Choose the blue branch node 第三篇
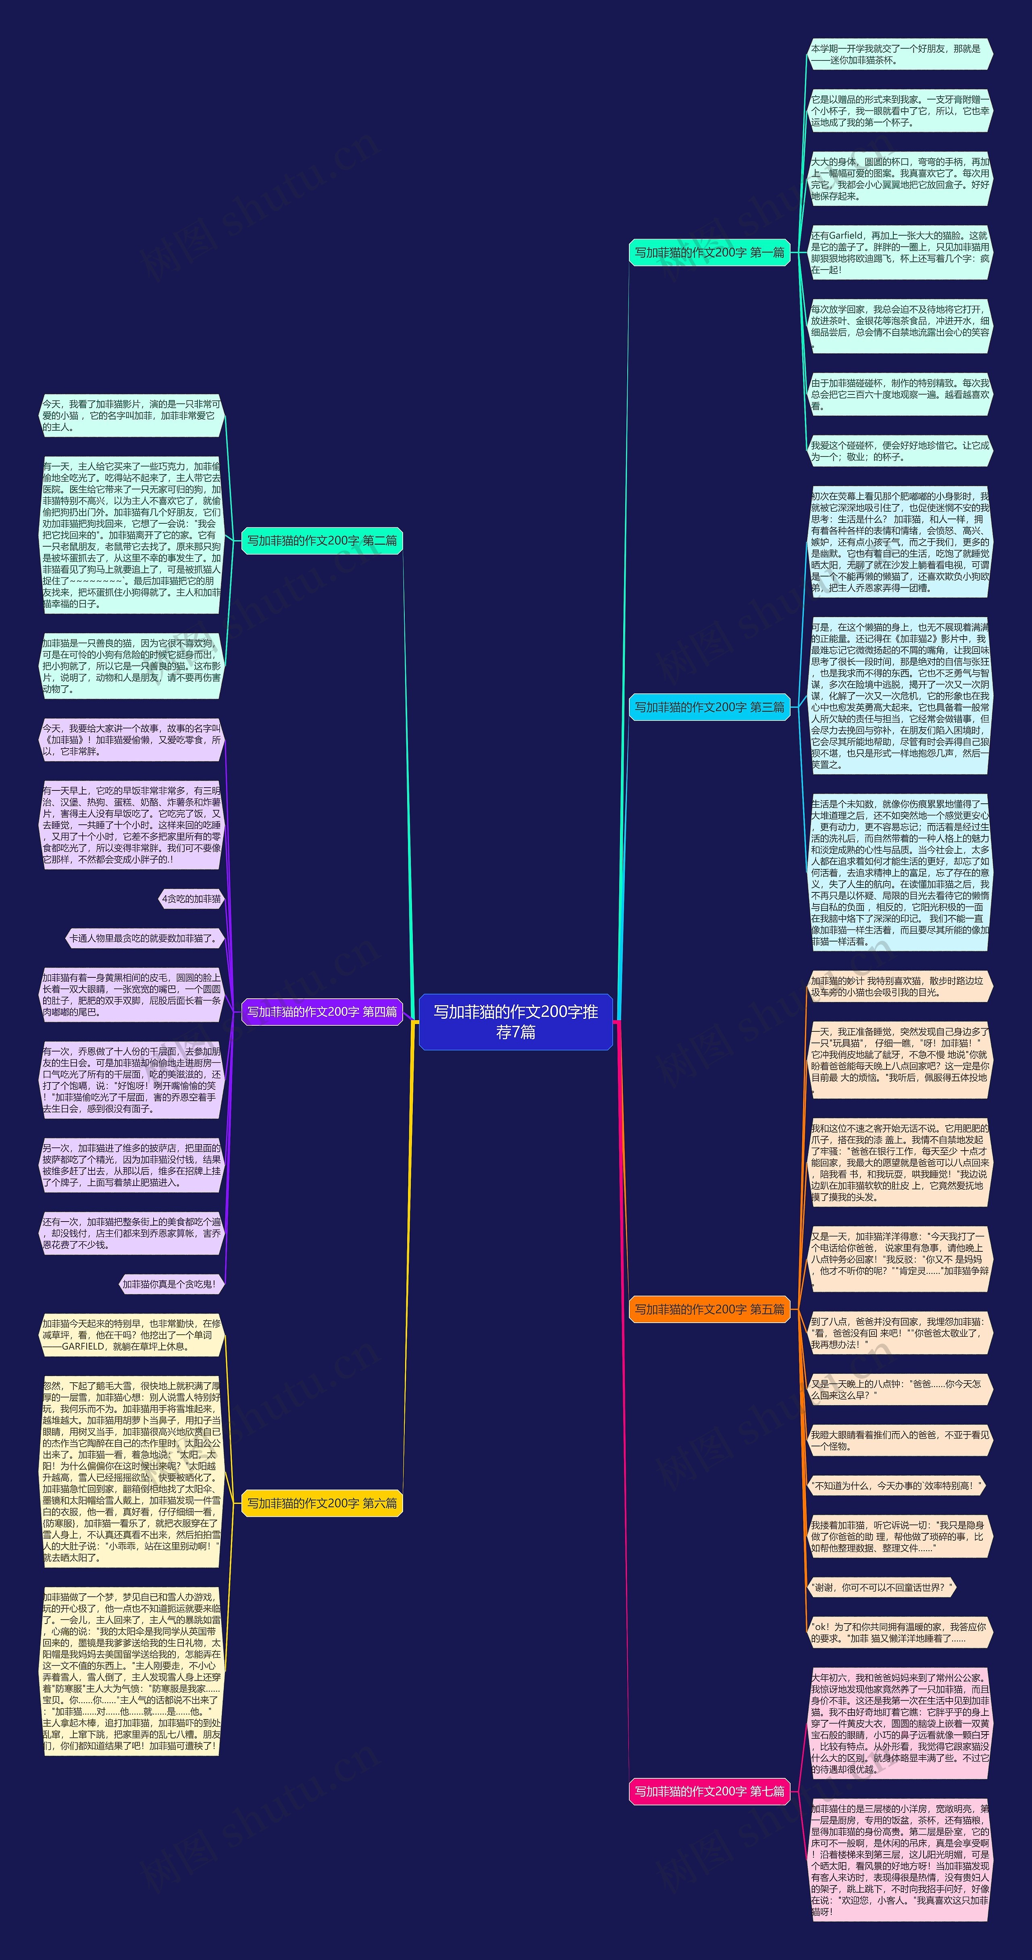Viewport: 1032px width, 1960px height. pyautogui.click(x=709, y=707)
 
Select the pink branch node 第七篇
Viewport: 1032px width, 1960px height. pyautogui.click(x=709, y=1791)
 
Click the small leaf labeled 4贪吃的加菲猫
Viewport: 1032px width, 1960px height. pyautogui.click(x=191, y=898)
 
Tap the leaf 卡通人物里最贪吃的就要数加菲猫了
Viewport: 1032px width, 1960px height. pyautogui.click(x=145, y=938)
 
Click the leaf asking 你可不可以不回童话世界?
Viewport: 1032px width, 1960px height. pyautogui.click(x=880, y=1587)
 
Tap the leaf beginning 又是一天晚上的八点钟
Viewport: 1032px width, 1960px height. pyautogui.click(x=900, y=1390)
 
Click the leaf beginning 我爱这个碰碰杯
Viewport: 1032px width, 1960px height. pyautogui.click(x=900, y=451)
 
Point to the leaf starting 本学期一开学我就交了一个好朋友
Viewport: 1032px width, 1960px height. pyautogui.click(x=900, y=54)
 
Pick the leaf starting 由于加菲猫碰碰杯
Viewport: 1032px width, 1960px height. pyautogui.click(x=900, y=394)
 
